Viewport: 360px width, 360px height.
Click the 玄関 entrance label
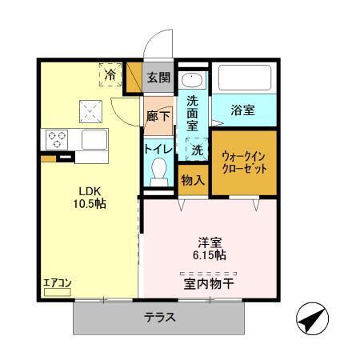coord(159,78)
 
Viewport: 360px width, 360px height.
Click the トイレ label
coord(158,148)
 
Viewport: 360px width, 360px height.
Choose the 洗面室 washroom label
coord(193,112)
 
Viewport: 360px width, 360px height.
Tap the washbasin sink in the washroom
coord(193,81)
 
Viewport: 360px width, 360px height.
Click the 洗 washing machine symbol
coord(196,148)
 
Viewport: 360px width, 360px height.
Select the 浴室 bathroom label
coord(243,110)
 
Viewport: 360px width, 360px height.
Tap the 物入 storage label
coord(193,180)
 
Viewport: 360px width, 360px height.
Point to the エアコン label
coord(58,282)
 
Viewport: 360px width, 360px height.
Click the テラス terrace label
coord(159,317)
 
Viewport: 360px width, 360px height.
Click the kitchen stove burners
coord(58,139)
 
